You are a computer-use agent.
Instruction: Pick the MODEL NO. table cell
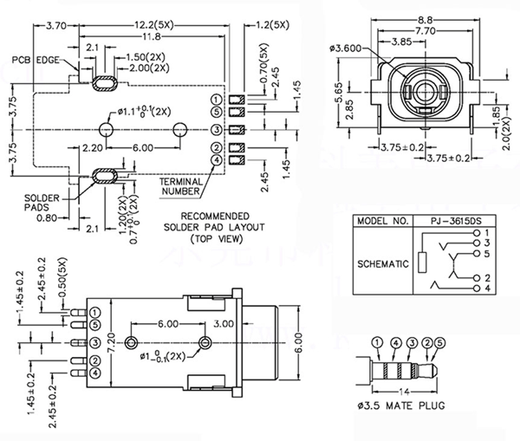pyautogui.click(x=382, y=221)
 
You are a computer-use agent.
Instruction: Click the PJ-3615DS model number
pyautogui.click(x=453, y=221)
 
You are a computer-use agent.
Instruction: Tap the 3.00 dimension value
pyautogui.click(x=223, y=323)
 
